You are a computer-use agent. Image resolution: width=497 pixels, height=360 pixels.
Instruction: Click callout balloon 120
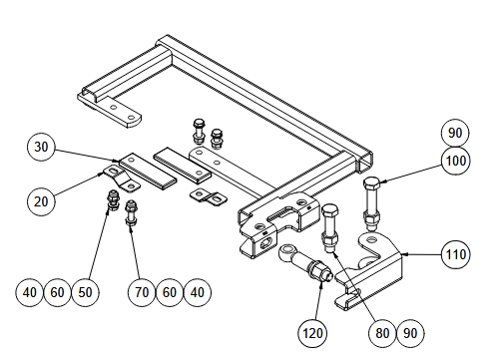[313, 329]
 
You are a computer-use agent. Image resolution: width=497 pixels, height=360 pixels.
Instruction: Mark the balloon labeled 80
[381, 329]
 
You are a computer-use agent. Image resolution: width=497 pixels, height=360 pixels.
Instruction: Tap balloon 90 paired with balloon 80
[409, 329]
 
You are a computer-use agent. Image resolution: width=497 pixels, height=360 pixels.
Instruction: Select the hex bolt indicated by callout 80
[331, 224]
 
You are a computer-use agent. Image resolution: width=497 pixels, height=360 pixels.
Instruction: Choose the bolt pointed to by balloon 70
[132, 214]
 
